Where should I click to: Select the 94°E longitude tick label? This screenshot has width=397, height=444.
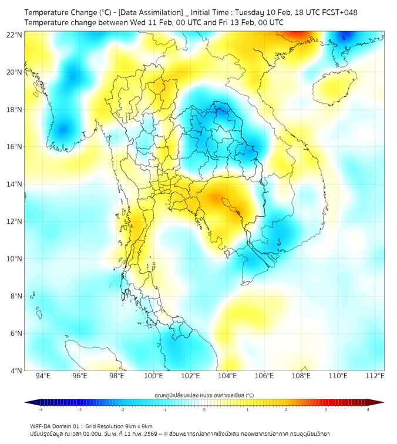tap(43, 376)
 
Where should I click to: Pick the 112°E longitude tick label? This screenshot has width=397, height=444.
tap(375, 376)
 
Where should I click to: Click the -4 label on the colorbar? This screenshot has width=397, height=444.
tap(41, 409)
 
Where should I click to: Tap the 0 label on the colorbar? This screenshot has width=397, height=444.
tap(204, 409)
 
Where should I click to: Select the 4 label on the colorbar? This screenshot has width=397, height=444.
tap(368, 409)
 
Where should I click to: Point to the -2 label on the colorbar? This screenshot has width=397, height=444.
tap(122, 409)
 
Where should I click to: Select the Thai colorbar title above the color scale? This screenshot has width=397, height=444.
tap(204, 395)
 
